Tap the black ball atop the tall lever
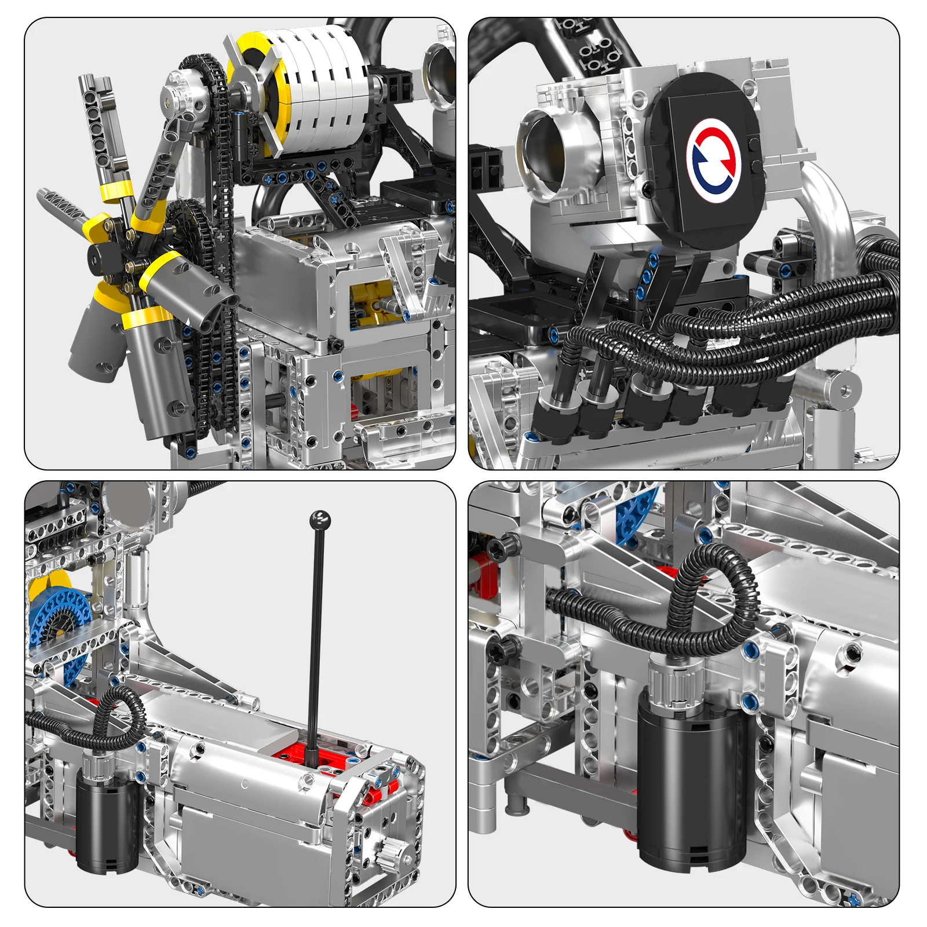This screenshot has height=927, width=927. [320, 519]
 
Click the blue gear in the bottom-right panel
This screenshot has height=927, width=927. [637, 521]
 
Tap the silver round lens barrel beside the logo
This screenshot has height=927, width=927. [548, 145]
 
